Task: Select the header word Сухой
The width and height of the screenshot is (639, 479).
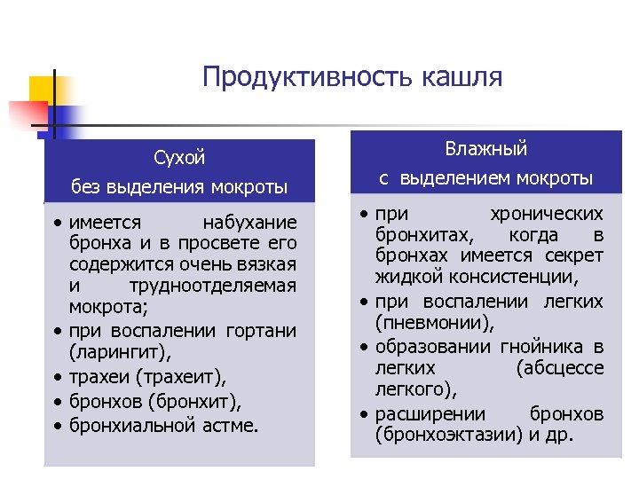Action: click(179, 158)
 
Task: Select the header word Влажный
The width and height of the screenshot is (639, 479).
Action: click(486, 149)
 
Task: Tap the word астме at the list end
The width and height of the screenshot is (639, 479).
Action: click(229, 425)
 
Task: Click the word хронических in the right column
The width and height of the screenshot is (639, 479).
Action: click(547, 215)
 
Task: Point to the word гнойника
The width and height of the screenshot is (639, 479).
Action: click(532, 346)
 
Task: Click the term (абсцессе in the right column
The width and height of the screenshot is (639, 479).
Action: click(559, 368)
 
